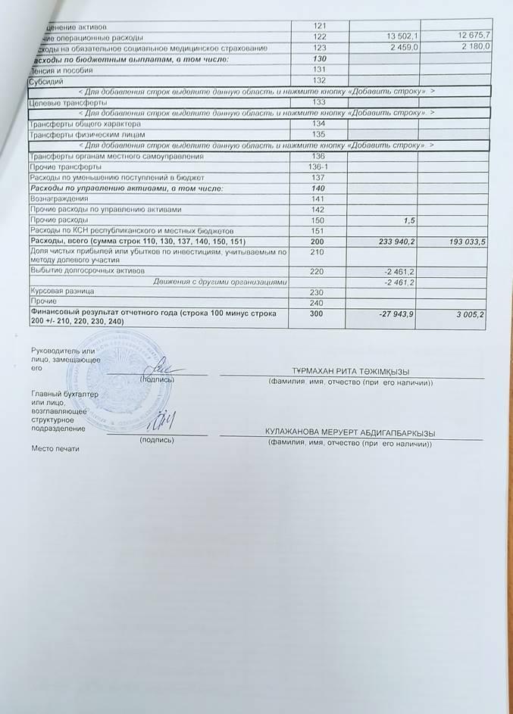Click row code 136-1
318,167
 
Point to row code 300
318,313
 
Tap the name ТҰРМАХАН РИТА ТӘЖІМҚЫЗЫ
351,372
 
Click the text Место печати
55,448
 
